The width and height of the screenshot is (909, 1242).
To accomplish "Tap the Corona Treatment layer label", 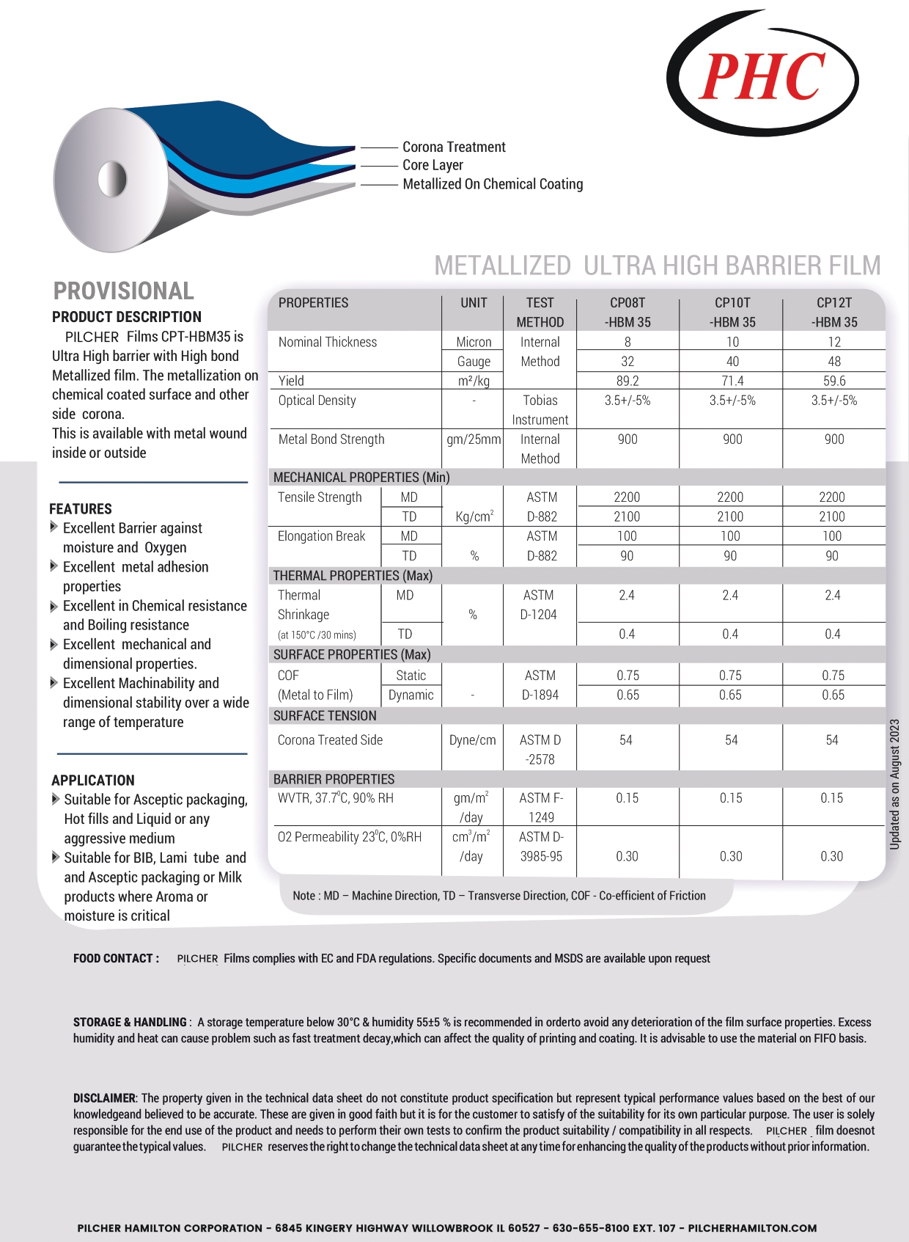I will click(454, 147).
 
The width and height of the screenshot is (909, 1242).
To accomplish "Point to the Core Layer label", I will click(433, 165).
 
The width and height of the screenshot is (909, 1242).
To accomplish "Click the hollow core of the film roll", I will click(112, 179).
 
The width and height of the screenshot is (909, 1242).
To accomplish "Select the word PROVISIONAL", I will click(124, 291).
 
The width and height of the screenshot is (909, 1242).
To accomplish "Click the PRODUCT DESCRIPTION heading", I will click(127, 317).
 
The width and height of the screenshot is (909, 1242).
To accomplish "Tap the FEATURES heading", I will click(81, 508).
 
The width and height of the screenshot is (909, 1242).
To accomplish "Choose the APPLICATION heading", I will click(93, 780).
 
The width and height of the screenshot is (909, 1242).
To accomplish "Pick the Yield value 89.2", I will click(628, 381).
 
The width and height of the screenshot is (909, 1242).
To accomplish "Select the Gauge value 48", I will click(834, 361).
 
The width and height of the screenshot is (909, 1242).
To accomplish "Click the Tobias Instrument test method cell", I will click(540, 409).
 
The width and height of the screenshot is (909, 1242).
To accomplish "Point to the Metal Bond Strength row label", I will click(331, 439).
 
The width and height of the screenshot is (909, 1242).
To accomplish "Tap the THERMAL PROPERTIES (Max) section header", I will click(353, 575).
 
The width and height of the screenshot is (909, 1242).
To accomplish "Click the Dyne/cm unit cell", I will click(473, 739).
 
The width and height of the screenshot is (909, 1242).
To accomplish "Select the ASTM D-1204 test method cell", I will click(539, 604).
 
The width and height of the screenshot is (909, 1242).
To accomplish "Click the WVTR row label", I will click(336, 797).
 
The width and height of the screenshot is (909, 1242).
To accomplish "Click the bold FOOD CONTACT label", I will click(116, 958).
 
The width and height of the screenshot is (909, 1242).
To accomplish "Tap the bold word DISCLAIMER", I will click(105, 1097).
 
